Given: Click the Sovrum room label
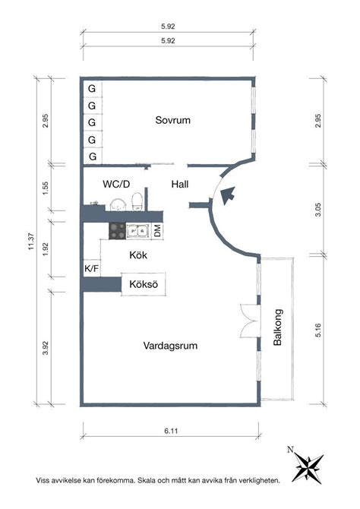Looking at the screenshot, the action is [x=172, y=120].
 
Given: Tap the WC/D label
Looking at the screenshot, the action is [x=116, y=185].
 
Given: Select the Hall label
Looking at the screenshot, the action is [x=180, y=185].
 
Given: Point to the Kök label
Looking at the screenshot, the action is [x=138, y=254].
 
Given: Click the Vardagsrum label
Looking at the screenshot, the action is [x=170, y=346].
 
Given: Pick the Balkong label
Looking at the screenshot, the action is [x=278, y=327].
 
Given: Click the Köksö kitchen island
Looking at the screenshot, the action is [x=144, y=284].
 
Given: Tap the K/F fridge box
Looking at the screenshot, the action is [x=92, y=268].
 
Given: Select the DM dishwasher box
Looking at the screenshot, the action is [x=157, y=231].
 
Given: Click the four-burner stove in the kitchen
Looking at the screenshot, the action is [x=117, y=231].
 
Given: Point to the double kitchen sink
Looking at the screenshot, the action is [x=137, y=231].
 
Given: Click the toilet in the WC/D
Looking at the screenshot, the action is [x=137, y=201].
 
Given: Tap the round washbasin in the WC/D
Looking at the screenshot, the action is [x=118, y=205].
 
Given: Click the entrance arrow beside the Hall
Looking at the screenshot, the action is [x=228, y=195].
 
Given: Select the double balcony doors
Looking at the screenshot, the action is [x=250, y=321].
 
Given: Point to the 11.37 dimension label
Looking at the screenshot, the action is [x=31, y=242].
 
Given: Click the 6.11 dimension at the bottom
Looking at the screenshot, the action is [x=171, y=431].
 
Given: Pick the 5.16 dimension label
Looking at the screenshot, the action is [x=317, y=330].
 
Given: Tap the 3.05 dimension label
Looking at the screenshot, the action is [x=317, y=210].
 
